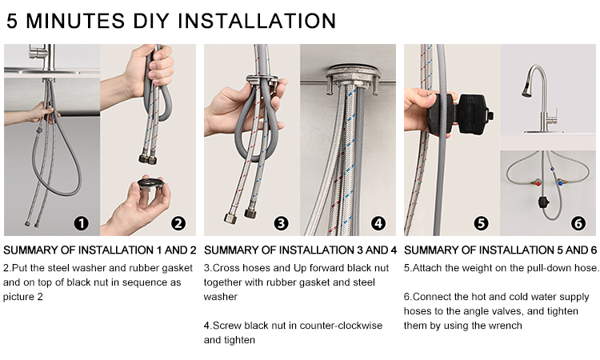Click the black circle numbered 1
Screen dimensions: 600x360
(81, 223)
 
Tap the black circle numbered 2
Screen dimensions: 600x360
(178, 223)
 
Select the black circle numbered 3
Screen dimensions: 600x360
(281, 223)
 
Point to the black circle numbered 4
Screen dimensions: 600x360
(378, 223)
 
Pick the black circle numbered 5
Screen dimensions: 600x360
(481, 223)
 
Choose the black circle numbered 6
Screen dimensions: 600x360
(578, 223)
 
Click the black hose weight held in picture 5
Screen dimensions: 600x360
(460, 114)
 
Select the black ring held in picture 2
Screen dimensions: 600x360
(151, 183)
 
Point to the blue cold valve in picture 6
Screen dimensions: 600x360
(560, 182)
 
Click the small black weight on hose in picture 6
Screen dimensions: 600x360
(543, 202)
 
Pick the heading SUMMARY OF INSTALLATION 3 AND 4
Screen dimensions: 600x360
(300, 250)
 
